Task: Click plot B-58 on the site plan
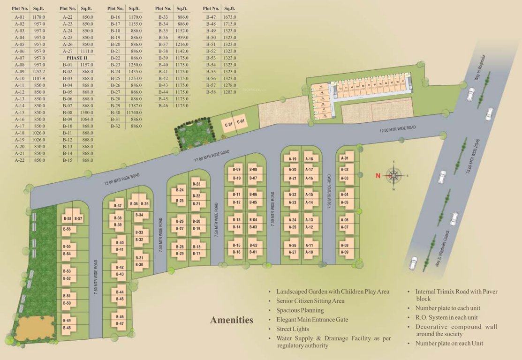[68, 219]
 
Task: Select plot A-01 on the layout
[345, 159]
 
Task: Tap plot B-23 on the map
[197, 184]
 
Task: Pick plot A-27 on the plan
[293, 252]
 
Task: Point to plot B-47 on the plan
[120, 323]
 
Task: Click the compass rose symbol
[394, 176]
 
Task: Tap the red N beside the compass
[377, 176]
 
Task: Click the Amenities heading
[231, 321]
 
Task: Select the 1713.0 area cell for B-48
[230, 24]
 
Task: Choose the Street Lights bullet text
[293, 329]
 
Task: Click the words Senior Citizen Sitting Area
[310, 301]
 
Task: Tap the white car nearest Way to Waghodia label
[471, 94]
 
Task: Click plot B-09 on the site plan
[237, 169]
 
